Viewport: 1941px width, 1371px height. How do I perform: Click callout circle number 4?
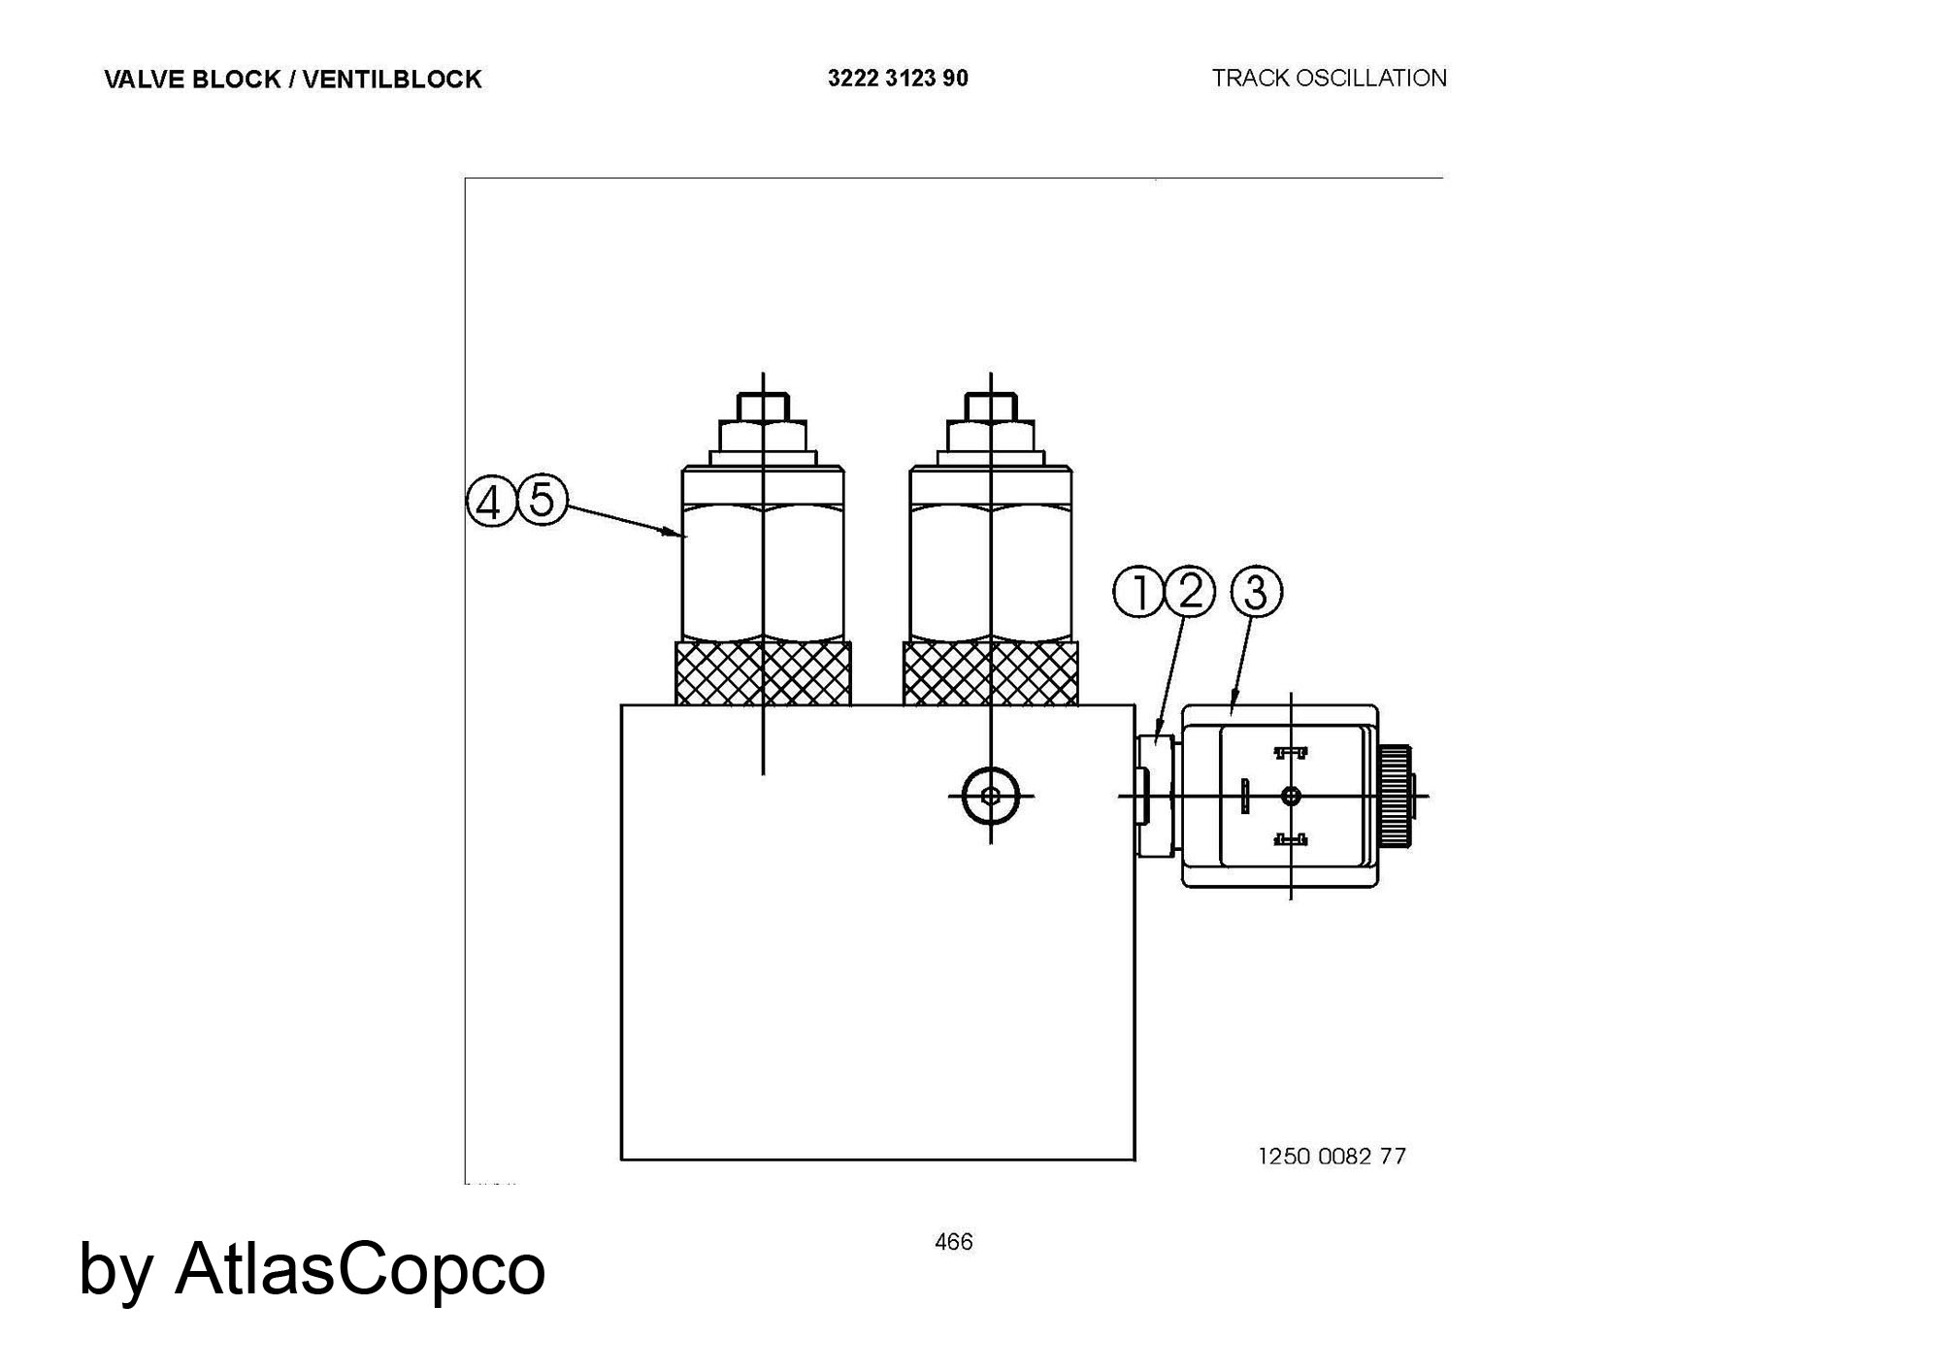tap(491, 502)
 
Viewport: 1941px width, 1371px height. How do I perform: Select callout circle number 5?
tap(542, 500)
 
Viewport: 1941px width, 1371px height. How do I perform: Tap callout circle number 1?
tap(1138, 592)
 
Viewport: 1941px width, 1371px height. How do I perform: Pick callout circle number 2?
tap(1190, 591)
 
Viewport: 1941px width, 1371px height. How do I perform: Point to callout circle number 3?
tap(1256, 591)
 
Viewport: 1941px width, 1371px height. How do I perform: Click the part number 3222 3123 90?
tap(898, 79)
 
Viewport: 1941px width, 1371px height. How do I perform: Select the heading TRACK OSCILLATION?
tap(1329, 78)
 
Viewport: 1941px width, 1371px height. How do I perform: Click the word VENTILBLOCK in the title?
tap(392, 80)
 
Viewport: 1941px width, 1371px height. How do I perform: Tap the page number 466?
tap(953, 1242)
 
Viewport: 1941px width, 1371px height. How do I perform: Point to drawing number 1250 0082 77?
tap(1332, 1156)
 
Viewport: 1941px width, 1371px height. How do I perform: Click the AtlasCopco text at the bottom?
tap(360, 1268)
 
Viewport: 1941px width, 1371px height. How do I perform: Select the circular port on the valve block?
tap(990, 797)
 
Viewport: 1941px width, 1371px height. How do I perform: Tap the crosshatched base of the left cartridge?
tap(763, 672)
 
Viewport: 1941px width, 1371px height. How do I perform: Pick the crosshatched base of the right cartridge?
tap(990, 672)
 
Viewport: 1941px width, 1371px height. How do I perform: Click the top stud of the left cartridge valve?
tap(763, 406)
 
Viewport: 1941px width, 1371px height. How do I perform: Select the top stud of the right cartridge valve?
tap(990, 406)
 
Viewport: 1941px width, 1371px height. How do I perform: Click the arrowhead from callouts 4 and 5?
tap(673, 532)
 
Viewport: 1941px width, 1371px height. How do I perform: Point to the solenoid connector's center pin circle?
tap(1291, 796)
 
